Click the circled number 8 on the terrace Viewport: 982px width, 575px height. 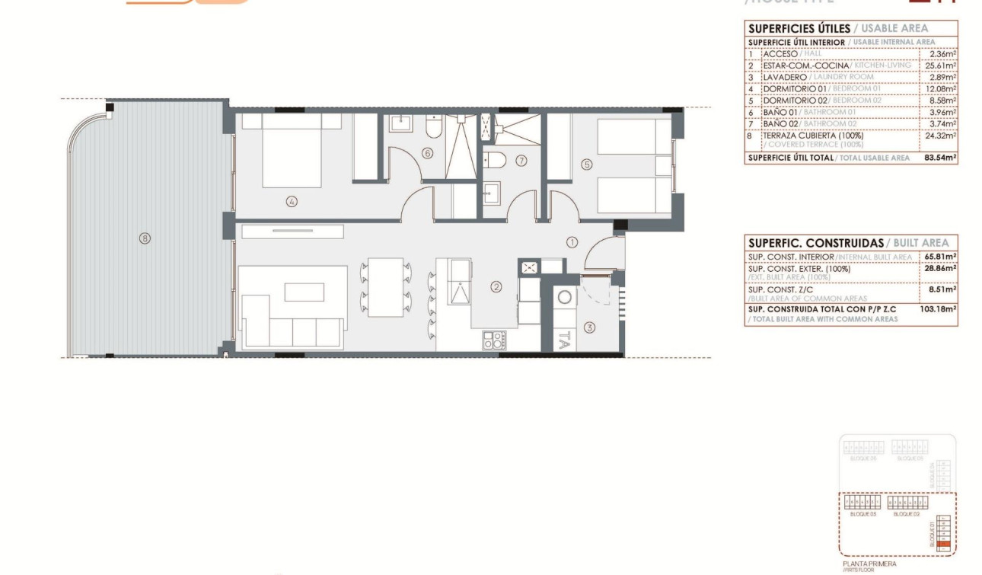(x=145, y=238)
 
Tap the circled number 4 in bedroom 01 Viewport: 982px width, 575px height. (x=292, y=202)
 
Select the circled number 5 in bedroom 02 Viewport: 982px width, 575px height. (x=587, y=163)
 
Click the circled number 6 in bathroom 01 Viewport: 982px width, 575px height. (x=427, y=153)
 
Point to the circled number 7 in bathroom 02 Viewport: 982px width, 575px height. (x=521, y=161)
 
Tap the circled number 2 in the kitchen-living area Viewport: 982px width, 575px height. (x=496, y=287)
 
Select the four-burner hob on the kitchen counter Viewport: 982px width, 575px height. (x=493, y=340)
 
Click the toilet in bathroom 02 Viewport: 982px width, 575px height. (x=494, y=160)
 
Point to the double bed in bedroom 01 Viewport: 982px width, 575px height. (x=292, y=150)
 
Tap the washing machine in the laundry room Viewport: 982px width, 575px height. (x=565, y=298)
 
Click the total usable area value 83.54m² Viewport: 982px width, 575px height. (x=940, y=158)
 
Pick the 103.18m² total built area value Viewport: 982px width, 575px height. (x=940, y=308)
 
